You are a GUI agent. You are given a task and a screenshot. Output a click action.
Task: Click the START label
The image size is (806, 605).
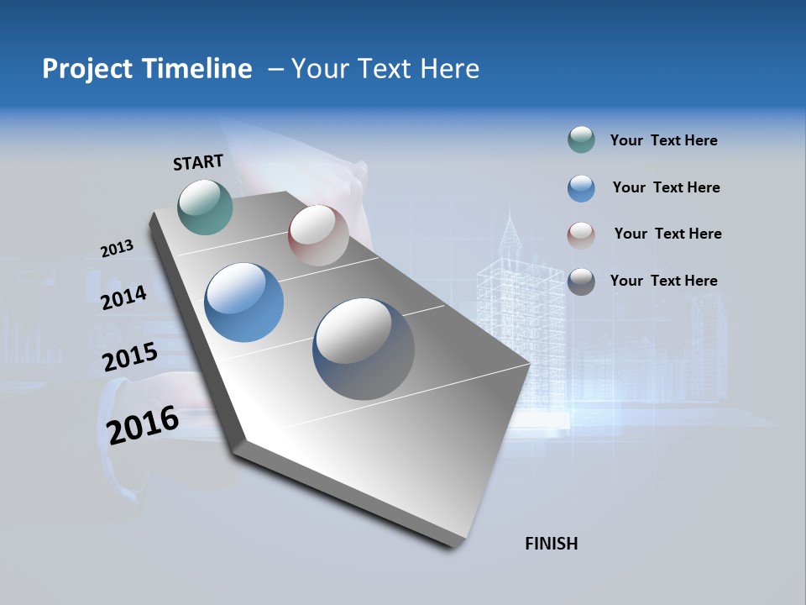pos(198,162)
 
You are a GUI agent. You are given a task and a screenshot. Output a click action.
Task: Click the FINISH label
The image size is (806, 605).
pos(551,544)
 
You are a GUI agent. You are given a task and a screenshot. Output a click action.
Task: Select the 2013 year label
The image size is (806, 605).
pos(117,249)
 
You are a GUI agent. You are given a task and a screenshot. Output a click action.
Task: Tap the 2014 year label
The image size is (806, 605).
pos(123,298)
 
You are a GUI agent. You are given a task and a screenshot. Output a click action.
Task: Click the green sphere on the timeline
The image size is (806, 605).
pos(206,207)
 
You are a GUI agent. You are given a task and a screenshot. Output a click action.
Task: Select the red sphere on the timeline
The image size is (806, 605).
pos(318,235)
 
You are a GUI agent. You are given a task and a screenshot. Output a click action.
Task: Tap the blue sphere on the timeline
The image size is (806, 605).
pos(243,302)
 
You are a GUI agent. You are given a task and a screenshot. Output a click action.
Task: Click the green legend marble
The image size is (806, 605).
pos(581,140)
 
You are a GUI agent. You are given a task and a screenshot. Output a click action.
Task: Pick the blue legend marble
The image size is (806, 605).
pos(581,188)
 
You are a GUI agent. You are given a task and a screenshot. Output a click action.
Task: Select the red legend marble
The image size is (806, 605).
pos(581,234)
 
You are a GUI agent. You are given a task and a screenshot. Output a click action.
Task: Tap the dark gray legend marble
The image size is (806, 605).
pos(581,281)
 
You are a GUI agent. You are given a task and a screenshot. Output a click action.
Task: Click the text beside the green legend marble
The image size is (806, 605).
pos(663,141)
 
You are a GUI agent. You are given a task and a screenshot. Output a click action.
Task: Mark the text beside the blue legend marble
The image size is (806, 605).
pos(666,187)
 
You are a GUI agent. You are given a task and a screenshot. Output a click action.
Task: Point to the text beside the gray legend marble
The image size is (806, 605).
pos(663,281)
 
